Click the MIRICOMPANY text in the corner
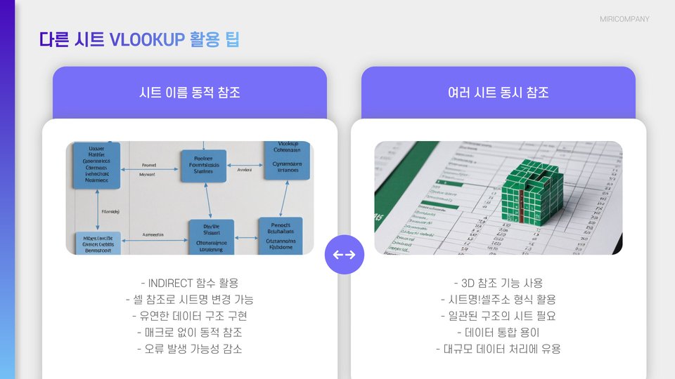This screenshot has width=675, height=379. tap(624, 19)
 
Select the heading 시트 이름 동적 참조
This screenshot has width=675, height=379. tap(190, 93)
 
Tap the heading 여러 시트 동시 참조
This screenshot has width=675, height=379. tap(499, 93)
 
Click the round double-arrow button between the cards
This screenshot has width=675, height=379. tap(344, 254)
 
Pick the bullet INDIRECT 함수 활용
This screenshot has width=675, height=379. tap(190, 284)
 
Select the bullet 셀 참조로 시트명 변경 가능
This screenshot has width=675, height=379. tap(190, 300)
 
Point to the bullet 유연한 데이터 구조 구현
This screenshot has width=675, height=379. tap(190, 317)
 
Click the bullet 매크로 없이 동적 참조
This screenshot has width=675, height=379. tap(190, 333)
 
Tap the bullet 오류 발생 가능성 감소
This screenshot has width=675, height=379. tap(190, 349)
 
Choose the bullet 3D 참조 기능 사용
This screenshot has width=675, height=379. tap(499, 284)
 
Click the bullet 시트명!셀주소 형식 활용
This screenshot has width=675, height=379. tap(499, 300)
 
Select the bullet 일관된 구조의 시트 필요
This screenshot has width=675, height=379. tap(499, 317)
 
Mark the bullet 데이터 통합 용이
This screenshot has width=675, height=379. tap(499, 333)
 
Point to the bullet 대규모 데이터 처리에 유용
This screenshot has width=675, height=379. tap(499, 349)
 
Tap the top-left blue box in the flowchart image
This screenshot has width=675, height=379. tap(96, 166)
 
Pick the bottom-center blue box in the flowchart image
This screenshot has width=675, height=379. tap(210, 237)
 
